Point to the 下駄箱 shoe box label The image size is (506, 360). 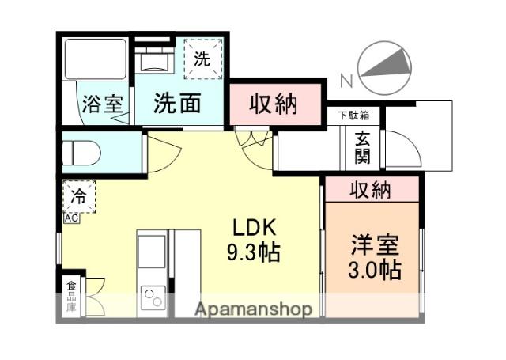[x=353, y=116]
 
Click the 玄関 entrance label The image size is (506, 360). [x=362, y=146]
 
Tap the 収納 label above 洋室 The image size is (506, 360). [x=370, y=189]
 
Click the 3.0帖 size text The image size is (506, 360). [x=375, y=270]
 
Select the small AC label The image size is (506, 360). [x=70, y=217]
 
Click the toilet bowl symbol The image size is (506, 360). [x=81, y=152]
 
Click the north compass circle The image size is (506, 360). [x=385, y=65]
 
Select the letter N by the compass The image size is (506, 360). [x=344, y=80]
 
